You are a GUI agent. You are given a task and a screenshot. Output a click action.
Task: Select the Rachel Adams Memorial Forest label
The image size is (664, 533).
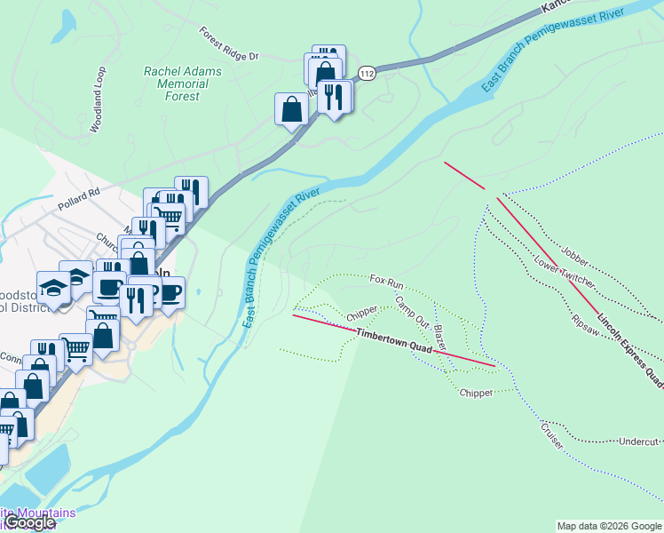pyautogui.click(x=176, y=84)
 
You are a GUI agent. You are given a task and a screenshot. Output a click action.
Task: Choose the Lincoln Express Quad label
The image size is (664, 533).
pyautogui.click(x=629, y=350)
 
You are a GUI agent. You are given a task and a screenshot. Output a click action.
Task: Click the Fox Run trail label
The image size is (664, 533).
pyautogui.click(x=387, y=281)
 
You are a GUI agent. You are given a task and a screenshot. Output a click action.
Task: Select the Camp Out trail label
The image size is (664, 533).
pyautogui.click(x=412, y=311)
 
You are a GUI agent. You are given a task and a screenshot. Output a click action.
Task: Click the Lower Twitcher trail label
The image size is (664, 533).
pyautogui.click(x=564, y=272)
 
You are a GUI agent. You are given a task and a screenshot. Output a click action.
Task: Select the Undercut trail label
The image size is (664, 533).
pyautogui.click(x=639, y=442)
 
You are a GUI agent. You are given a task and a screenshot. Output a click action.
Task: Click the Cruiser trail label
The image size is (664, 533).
pyautogui.click(x=551, y=435)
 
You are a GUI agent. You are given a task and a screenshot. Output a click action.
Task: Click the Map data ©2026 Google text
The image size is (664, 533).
pyautogui.click(x=608, y=526)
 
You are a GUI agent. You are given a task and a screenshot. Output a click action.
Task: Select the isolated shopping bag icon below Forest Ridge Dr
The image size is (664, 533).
pyautogui.click(x=291, y=109)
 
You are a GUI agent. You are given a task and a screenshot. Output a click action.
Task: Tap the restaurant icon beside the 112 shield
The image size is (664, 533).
pyautogui.click(x=333, y=96)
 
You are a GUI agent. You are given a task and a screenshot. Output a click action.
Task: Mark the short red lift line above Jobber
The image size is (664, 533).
pyautogui.click(x=464, y=175)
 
